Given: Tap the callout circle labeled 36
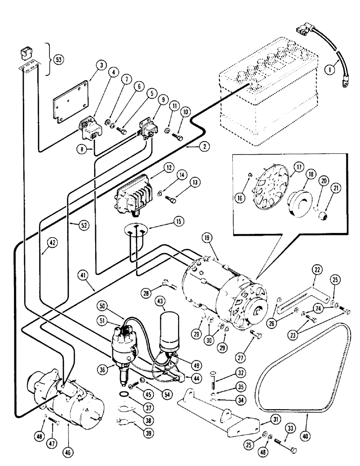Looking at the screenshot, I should tap(111, 369).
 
